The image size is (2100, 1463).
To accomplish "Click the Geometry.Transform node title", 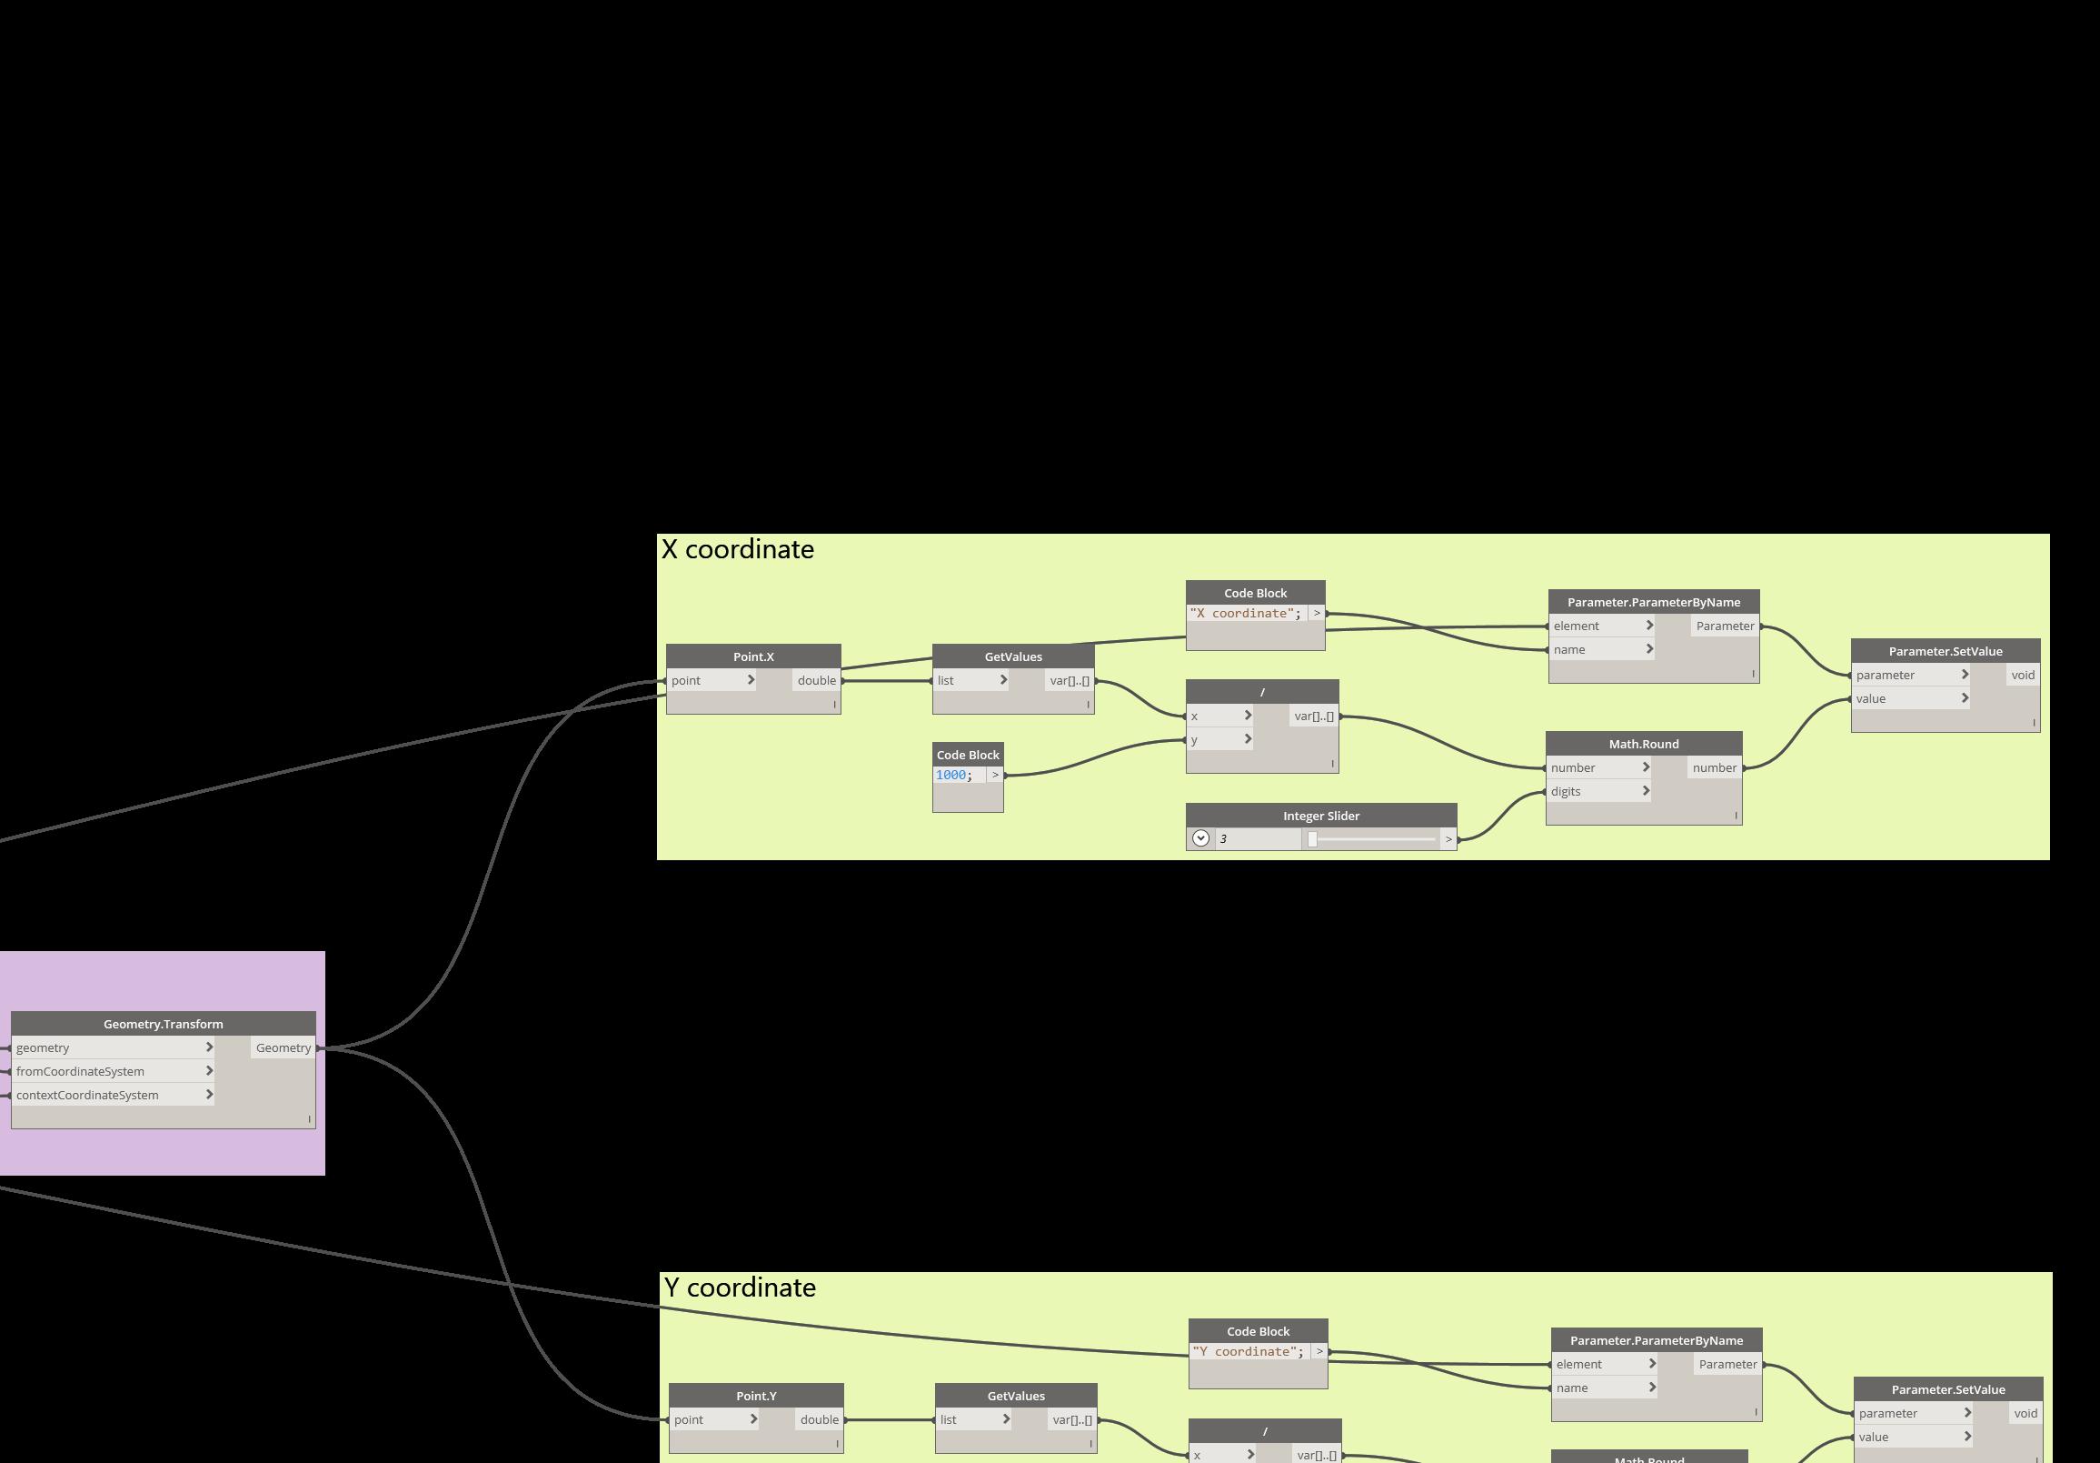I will tap(163, 1024).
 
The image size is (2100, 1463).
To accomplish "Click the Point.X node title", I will tap(752, 656).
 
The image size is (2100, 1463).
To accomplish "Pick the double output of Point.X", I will tap(816, 681).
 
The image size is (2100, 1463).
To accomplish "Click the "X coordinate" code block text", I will tap(1245, 614).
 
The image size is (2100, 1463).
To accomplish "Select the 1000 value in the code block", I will tap(951, 775).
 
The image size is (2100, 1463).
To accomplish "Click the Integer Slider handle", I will tap(1312, 839).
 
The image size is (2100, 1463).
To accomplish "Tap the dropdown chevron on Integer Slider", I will tap(1201, 839).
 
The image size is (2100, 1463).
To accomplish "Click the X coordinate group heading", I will tap(737, 549).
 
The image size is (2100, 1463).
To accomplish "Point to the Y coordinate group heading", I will tap(740, 1288).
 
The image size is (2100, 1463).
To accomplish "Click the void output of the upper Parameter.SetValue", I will tap(2022, 676).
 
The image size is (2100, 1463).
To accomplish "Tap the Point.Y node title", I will tap(755, 1397).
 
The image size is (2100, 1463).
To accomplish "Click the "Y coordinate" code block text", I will tap(1248, 1352).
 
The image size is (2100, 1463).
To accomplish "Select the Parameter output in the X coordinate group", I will tap(1725, 626).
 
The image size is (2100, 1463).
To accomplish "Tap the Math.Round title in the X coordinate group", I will tap(1644, 744).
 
